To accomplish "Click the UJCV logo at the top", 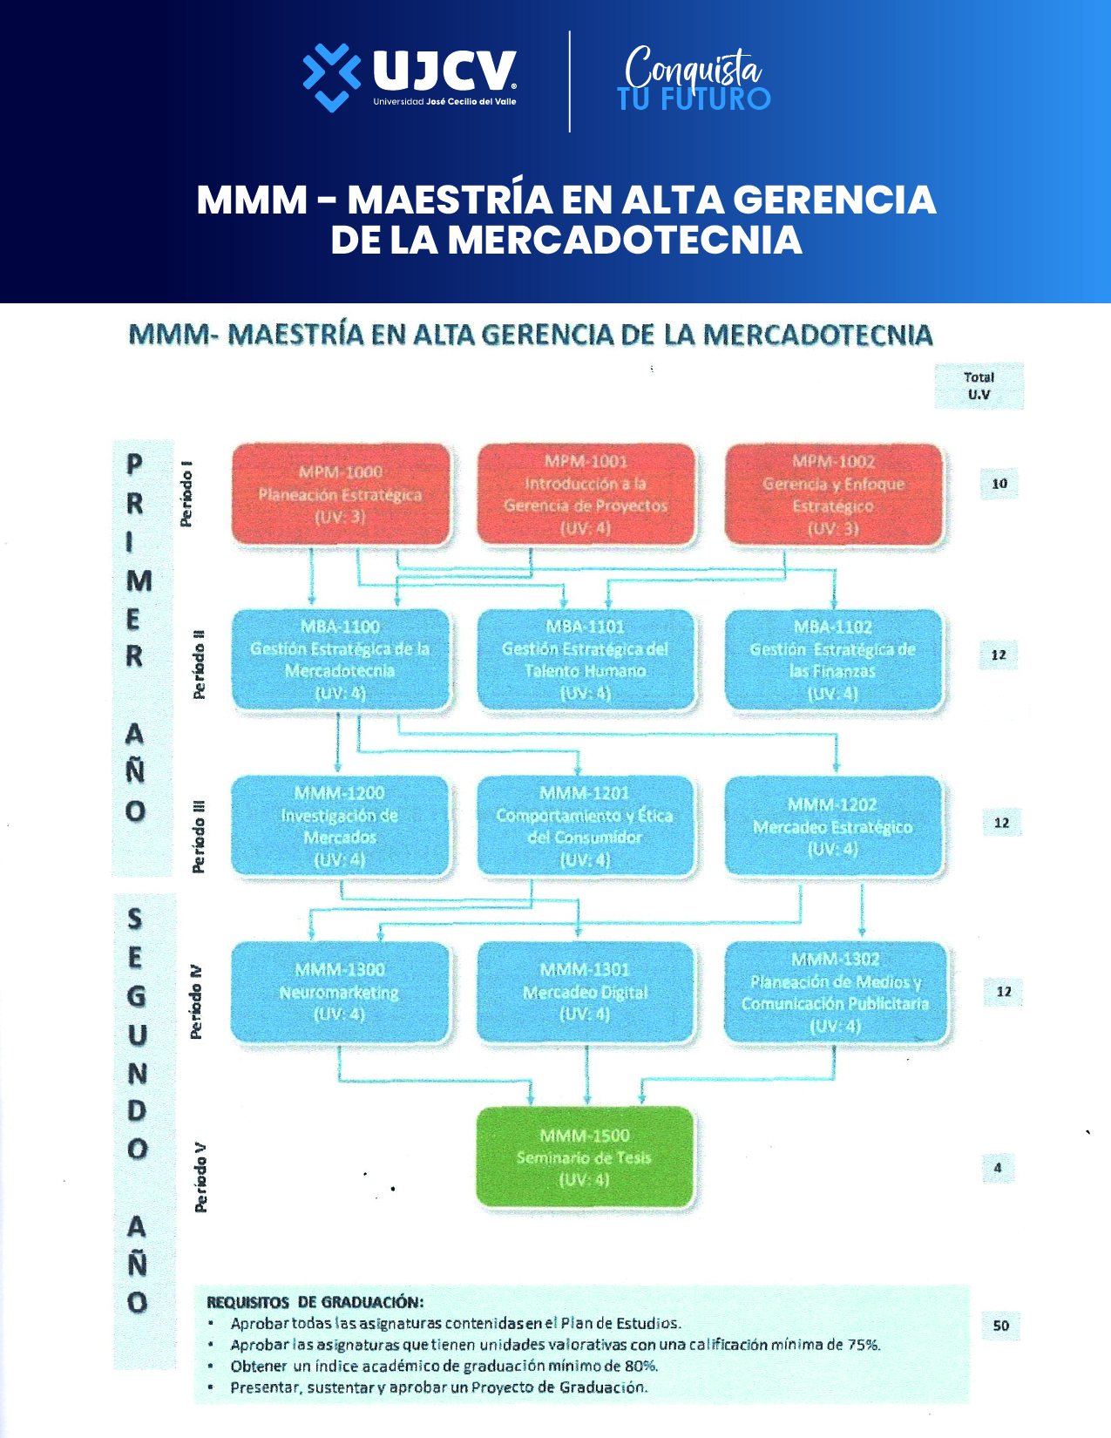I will point(410,77).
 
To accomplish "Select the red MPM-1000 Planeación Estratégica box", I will point(340,495).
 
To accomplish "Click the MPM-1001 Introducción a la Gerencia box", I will point(586,495).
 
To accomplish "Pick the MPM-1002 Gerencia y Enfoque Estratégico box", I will point(834,495).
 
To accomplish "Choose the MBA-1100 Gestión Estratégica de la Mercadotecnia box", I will point(340,660).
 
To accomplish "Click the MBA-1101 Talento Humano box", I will point(586,660).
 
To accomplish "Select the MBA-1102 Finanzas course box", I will point(834,660).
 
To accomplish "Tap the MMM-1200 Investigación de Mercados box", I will point(340,826).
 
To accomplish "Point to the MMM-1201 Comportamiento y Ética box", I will point(586,826).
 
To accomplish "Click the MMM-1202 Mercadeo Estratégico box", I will point(834,826).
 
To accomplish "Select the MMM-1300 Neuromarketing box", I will point(340,992).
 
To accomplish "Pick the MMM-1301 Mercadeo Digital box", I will point(586,992).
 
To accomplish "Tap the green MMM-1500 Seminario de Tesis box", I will point(586,1157).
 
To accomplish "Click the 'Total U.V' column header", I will point(979,386).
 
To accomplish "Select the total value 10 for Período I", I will point(999,484).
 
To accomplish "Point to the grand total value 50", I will point(1001,1326).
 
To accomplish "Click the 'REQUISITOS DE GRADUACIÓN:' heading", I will point(315,1302).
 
